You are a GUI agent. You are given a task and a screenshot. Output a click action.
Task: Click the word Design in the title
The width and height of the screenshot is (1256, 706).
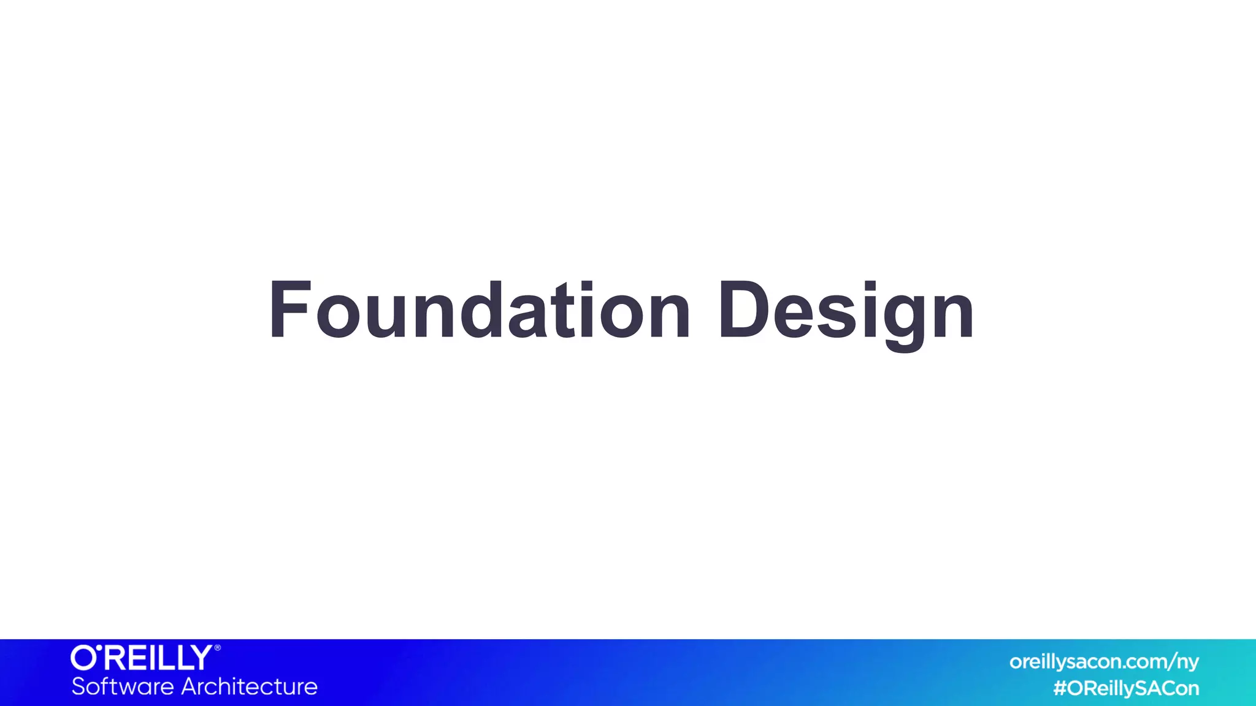pos(846,311)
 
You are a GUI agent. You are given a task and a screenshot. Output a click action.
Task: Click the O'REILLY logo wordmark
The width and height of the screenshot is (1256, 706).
pos(142,658)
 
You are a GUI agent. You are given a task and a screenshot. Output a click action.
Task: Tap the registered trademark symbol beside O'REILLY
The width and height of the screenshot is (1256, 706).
pos(217,648)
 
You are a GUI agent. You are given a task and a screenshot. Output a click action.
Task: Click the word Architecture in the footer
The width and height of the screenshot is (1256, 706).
pos(250,686)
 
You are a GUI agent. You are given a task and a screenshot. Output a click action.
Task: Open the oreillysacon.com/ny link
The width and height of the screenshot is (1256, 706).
pos(1104,662)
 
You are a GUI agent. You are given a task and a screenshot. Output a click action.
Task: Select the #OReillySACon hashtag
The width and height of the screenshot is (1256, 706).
pos(1126,688)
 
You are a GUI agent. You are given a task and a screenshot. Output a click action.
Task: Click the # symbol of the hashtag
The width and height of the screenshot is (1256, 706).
pos(1060,688)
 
